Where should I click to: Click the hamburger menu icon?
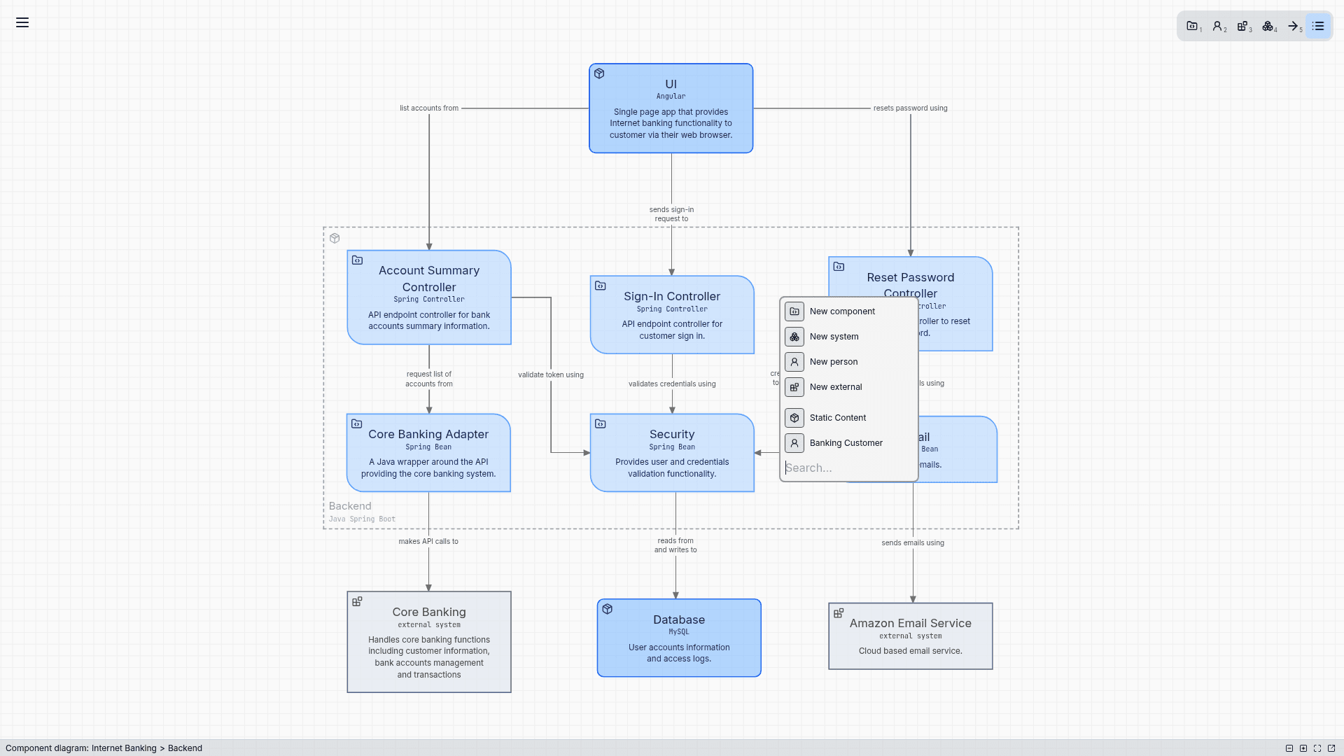coord(22,22)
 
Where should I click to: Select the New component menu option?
coord(841,311)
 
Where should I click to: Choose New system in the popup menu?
coord(833,337)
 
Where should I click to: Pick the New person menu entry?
coord(833,362)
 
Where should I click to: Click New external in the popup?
coord(835,387)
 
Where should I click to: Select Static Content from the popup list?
coord(837,418)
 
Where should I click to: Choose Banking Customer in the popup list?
coord(846,443)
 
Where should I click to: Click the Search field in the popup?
coord(847,468)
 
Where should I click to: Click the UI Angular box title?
coord(671,84)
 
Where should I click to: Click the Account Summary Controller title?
coord(429,279)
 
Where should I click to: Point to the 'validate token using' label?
coord(550,375)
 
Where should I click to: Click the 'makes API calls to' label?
coord(428,541)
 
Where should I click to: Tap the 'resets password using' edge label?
coord(910,108)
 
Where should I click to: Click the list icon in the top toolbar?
coord(1318,27)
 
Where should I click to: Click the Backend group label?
coord(350,506)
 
